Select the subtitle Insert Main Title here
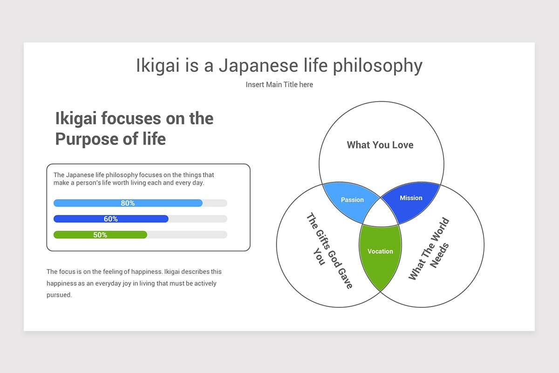pos(279,84)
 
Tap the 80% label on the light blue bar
pos(128,203)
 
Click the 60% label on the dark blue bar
pos(111,219)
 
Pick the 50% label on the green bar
pos(100,235)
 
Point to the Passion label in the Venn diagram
pos(352,200)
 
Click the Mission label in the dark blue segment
pos(411,198)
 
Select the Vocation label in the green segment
pos(380,251)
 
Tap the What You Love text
pos(380,145)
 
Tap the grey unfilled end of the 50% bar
pos(186,235)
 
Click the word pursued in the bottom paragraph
pos(59,295)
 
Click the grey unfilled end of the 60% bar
pos(198,219)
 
